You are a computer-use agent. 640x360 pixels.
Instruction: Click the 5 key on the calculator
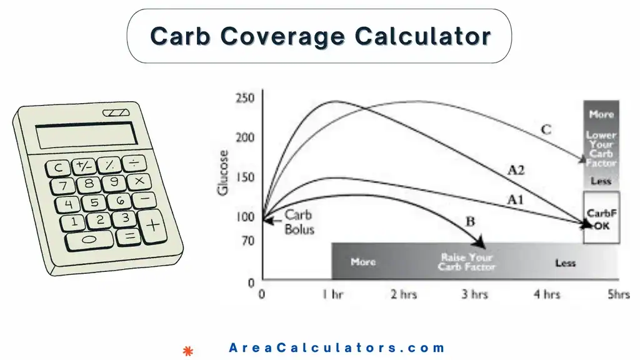pyautogui.click(x=94, y=202)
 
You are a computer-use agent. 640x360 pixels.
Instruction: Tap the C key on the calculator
pyautogui.click(x=59, y=167)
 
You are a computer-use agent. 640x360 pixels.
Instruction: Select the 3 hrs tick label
pyautogui.click(x=475, y=294)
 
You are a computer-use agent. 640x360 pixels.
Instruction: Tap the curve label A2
pyautogui.click(x=516, y=169)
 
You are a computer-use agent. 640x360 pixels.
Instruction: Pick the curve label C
pyautogui.click(x=545, y=129)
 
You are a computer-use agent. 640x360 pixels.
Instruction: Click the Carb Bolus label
pyautogui.click(x=299, y=222)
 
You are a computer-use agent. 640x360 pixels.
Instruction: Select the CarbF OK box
pyautogui.click(x=601, y=218)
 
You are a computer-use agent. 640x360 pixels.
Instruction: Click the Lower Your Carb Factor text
pyautogui.click(x=601, y=149)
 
